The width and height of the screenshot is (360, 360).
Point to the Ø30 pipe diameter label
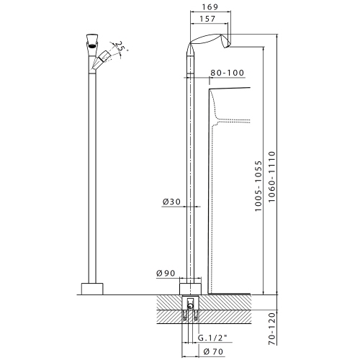[x=171, y=202]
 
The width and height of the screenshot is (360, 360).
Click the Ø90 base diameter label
[x=167, y=273]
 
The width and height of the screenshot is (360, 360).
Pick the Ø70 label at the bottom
[x=214, y=351]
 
